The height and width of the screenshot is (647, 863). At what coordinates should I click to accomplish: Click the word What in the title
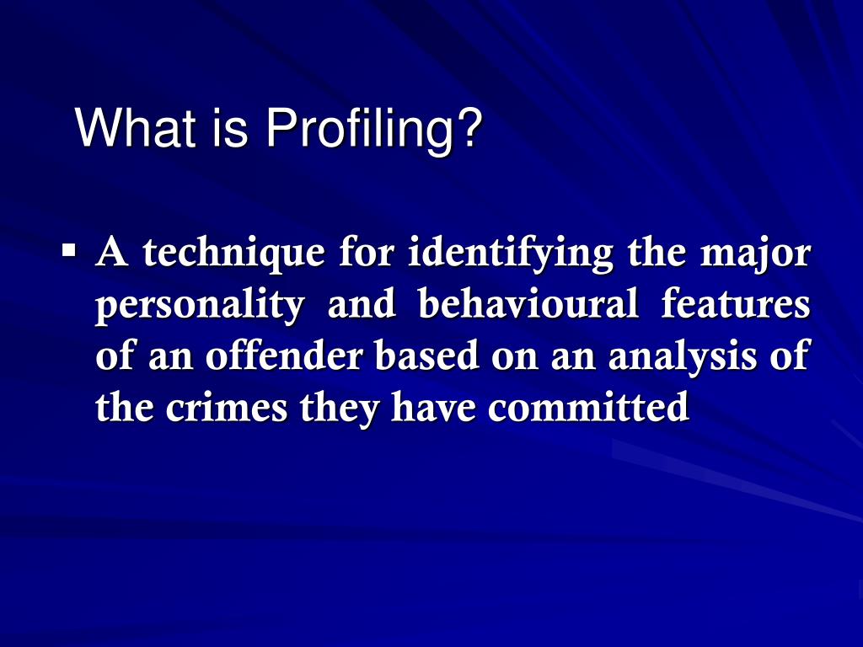(125, 128)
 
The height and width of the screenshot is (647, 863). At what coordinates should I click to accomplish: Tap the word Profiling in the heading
(363, 128)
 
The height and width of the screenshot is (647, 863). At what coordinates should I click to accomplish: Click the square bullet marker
(70, 251)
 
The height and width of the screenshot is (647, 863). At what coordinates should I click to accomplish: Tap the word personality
(200, 306)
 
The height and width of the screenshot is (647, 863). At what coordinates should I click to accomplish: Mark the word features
(737, 304)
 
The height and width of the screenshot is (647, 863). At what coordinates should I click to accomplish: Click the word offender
(285, 356)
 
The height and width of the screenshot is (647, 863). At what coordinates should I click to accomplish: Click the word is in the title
(235, 128)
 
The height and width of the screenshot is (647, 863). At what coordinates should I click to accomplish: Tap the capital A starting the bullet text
(114, 253)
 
